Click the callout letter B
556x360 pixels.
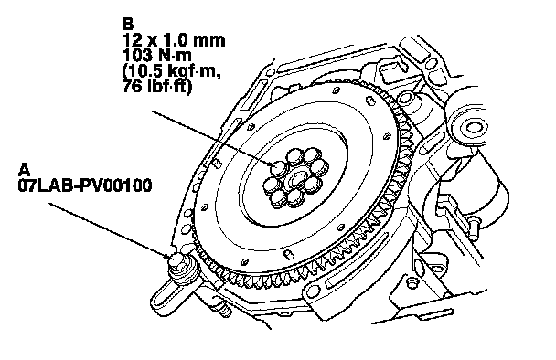pos(127,24)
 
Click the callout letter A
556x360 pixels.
pos(24,170)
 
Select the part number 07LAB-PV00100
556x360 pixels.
pos(85,185)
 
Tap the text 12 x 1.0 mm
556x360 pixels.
pos(174,40)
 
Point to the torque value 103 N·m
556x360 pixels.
pos(157,55)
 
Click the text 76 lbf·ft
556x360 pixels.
pos(157,87)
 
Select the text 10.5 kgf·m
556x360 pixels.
pos(172,71)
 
